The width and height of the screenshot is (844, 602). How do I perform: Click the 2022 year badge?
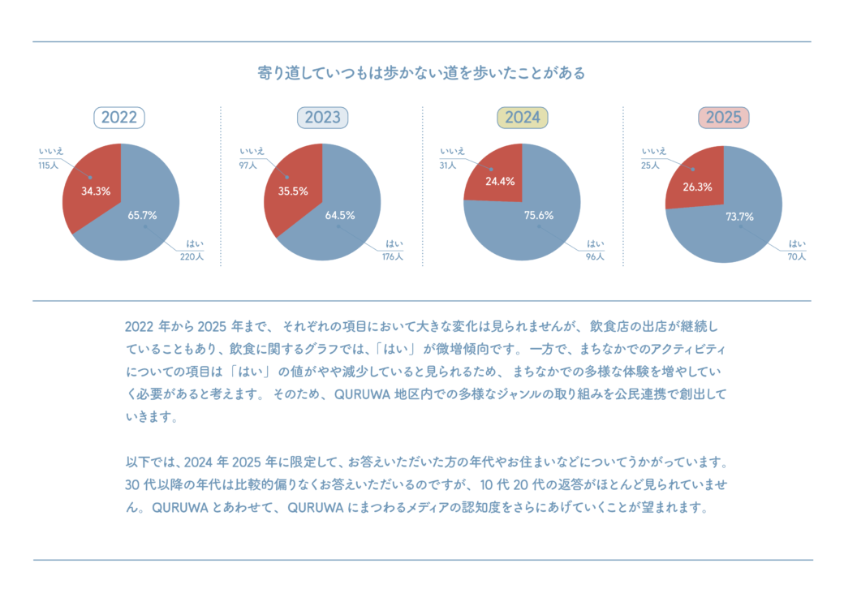pyautogui.click(x=119, y=118)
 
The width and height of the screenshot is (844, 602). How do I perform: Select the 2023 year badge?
pyautogui.click(x=322, y=118)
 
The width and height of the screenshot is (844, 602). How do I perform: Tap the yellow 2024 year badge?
pyautogui.click(x=523, y=118)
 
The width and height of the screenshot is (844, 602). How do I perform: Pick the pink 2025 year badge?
pyautogui.click(x=723, y=118)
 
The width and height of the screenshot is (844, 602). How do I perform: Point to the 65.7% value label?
pyautogui.click(x=142, y=216)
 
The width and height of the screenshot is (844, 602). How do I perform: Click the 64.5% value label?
pyautogui.click(x=341, y=216)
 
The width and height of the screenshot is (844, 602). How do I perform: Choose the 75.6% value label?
pyautogui.click(x=539, y=216)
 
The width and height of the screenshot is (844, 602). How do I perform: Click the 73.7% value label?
pyautogui.click(x=739, y=217)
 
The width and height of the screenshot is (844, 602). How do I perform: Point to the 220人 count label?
pyautogui.click(x=192, y=256)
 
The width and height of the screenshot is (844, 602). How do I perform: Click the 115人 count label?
pyautogui.click(x=48, y=166)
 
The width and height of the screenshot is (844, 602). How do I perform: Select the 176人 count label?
pyautogui.click(x=393, y=256)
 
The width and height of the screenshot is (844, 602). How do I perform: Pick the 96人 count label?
pyautogui.click(x=595, y=256)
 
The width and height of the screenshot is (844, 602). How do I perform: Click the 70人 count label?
pyautogui.click(x=796, y=256)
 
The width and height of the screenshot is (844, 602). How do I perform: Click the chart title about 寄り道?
pyautogui.click(x=421, y=73)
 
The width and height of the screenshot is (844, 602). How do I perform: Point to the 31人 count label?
pyautogui.click(x=448, y=166)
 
